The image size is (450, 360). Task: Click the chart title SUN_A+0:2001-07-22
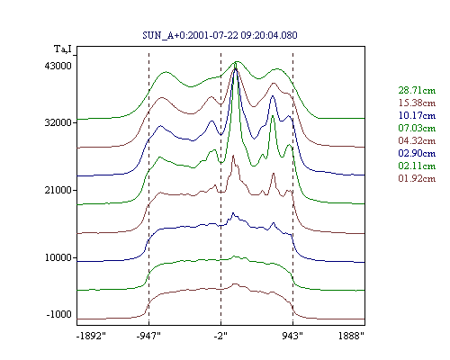pyautogui.click(x=190, y=35)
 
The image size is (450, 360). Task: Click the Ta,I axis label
pyautogui.click(x=63, y=49)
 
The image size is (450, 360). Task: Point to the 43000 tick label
pyautogui.click(x=58, y=66)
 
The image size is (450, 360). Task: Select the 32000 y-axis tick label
pyautogui.click(x=58, y=122)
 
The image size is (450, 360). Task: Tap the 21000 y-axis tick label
pyautogui.click(x=58, y=190)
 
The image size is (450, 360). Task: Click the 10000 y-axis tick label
pyautogui.click(x=58, y=257)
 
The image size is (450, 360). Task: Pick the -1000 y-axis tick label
pyautogui.click(x=59, y=314)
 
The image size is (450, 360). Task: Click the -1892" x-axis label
pyautogui.click(x=91, y=336)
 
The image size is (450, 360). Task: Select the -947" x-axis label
pyautogui.click(x=148, y=336)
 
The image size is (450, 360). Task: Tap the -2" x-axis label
pyautogui.click(x=220, y=336)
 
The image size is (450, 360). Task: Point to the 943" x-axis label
pyautogui.click(x=292, y=336)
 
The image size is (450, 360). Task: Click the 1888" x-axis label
pyautogui.click(x=351, y=336)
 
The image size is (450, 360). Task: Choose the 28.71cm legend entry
pyautogui.click(x=417, y=90)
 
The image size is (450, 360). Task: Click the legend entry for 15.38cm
pyautogui.click(x=417, y=103)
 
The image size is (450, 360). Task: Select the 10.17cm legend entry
pyautogui.click(x=417, y=115)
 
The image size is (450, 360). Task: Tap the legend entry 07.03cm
pyautogui.click(x=417, y=128)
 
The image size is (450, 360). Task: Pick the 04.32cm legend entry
pyautogui.click(x=417, y=140)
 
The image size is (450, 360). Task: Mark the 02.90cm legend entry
pyautogui.click(x=417, y=153)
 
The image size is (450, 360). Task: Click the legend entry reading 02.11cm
pyautogui.click(x=417, y=166)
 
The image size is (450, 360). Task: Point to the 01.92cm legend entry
pyautogui.click(x=417, y=178)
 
